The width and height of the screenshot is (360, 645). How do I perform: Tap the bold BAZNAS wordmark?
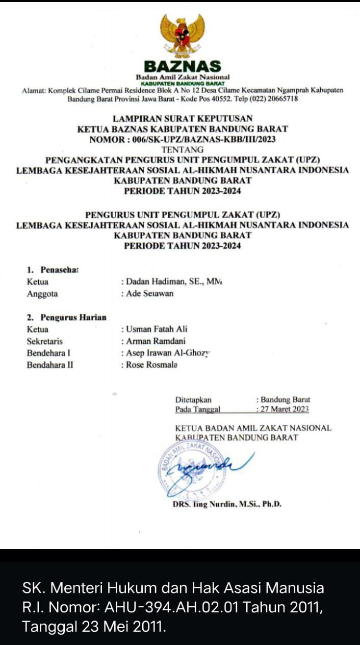[x=183, y=66]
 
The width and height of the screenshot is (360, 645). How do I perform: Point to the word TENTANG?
[x=183, y=149]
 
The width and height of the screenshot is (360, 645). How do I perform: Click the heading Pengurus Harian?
[x=73, y=317]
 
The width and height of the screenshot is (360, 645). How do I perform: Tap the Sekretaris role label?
[x=45, y=341]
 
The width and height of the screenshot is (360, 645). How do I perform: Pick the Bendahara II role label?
[x=49, y=365]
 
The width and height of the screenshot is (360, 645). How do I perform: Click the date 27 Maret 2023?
[x=284, y=409]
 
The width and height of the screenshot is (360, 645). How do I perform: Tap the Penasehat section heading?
[x=59, y=269]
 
